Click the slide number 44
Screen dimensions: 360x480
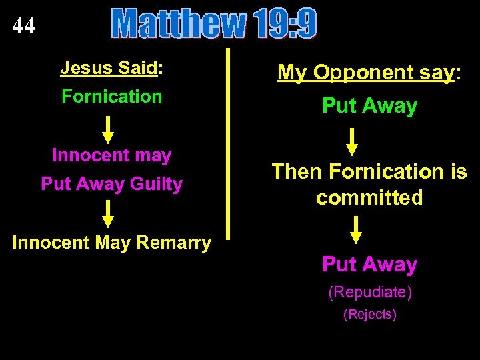pos(24,26)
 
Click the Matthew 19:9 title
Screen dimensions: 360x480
pos(214,25)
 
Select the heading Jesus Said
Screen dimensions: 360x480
pos(112,67)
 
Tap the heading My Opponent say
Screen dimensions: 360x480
pos(369,73)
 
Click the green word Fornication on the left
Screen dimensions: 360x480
pos(112,97)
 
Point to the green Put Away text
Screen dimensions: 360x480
pos(369,106)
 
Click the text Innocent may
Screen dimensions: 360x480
pos(112,155)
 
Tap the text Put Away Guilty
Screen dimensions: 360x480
pos(112,184)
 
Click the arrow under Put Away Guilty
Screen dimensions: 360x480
pos(109,214)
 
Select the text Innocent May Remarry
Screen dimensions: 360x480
pos(112,243)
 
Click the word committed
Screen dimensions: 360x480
pos(369,198)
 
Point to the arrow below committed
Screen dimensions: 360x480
pos(357,229)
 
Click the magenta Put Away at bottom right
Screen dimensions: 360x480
pos(369,265)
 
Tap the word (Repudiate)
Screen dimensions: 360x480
pos(369,292)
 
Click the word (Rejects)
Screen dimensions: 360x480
pos(369,315)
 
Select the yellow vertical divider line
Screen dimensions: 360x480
pos(228,143)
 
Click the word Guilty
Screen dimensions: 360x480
pos(158,184)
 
